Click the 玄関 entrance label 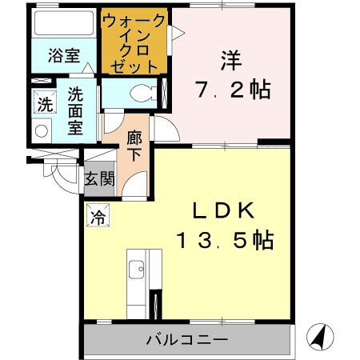(x=100, y=178)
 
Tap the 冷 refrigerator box (x=98, y=214)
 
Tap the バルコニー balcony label (x=187, y=339)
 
